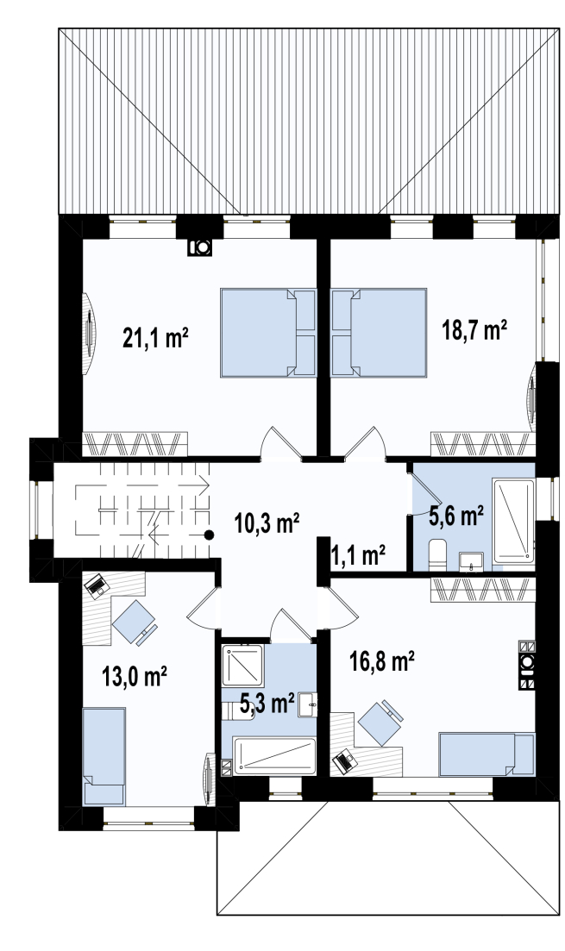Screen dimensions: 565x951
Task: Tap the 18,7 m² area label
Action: click(x=474, y=331)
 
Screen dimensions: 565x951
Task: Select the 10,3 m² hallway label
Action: click(x=267, y=523)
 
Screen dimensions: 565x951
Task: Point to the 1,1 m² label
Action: click(x=358, y=554)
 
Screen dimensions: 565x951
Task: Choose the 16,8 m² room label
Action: click(x=382, y=661)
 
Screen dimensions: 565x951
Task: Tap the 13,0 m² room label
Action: click(x=135, y=677)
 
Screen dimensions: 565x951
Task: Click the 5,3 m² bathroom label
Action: click(x=267, y=704)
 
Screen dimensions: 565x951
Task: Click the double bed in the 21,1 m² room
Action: click(x=268, y=332)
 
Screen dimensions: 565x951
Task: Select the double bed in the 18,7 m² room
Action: click(x=379, y=332)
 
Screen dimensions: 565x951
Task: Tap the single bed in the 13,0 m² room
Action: click(x=104, y=755)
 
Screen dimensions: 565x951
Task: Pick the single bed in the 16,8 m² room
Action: click(x=487, y=754)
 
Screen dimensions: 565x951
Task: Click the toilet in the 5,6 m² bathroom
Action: click(x=437, y=554)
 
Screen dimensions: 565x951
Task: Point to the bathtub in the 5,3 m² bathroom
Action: click(x=275, y=755)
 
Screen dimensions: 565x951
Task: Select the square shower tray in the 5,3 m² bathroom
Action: click(x=242, y=666)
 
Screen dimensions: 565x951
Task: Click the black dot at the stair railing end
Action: click(x=209, y=535)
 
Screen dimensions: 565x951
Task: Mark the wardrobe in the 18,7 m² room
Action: click(x=483, y=444)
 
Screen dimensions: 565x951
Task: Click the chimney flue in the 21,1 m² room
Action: click(x=199, y=247)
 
